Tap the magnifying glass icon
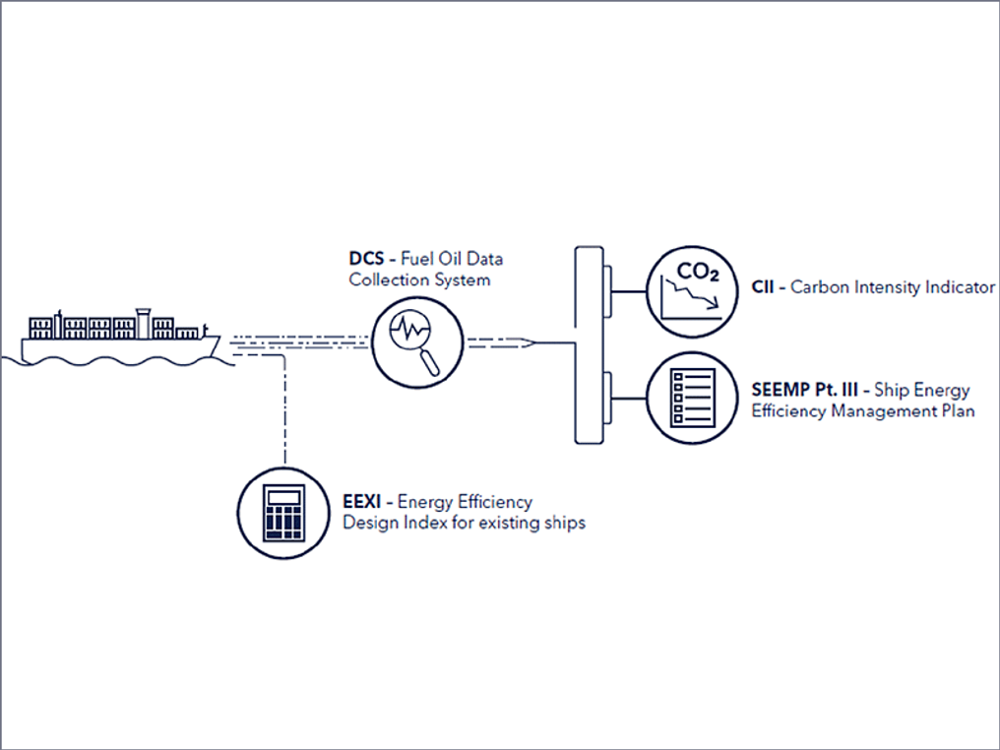pyautogui.click(x=416, y=338)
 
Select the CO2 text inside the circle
pyautogui.click(x=694, y=271)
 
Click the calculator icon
pyautogui.click(x=282, y=512)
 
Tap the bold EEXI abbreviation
pyautogui.click(x=361, y=502)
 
